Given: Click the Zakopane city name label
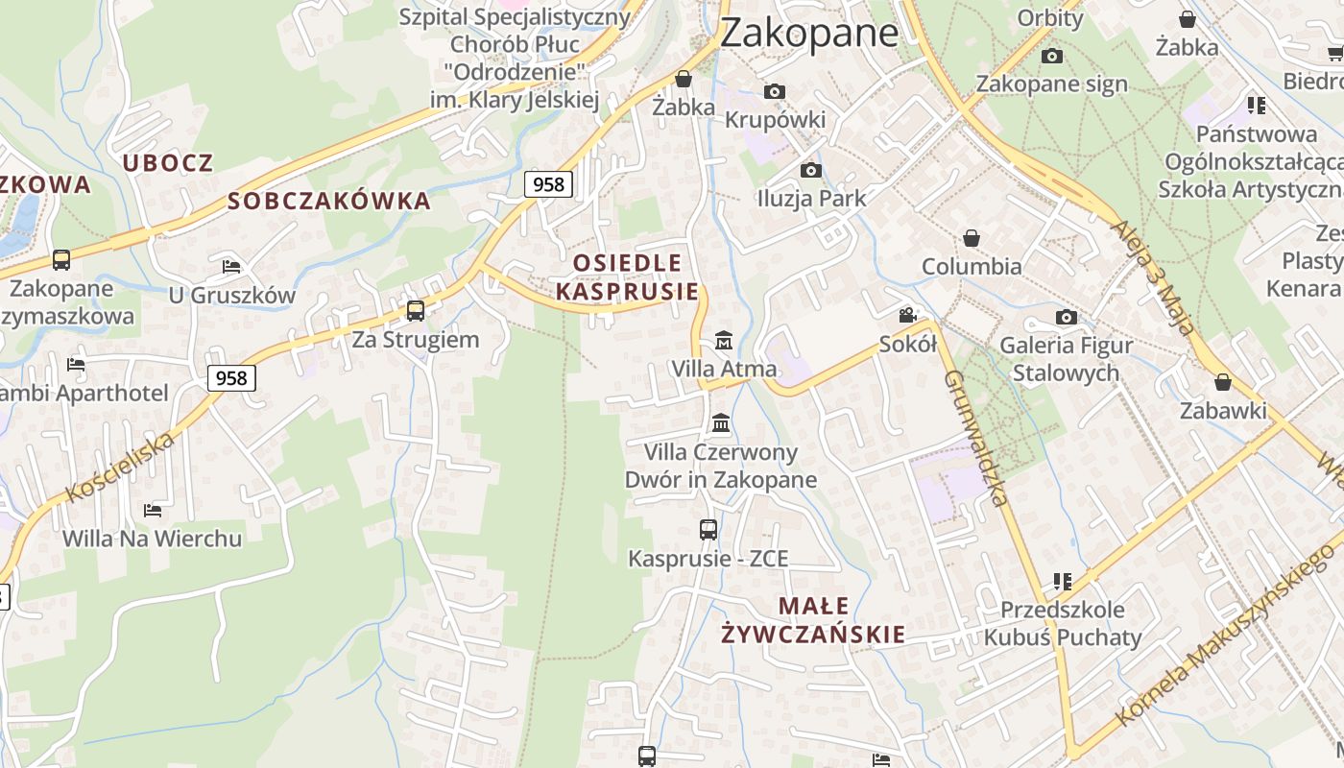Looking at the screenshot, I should coord(808,33).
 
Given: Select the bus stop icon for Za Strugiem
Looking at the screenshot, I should coord(416,311).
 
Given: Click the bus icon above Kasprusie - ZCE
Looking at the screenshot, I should coord(708,529).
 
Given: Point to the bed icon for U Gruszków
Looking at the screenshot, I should coord(231,266).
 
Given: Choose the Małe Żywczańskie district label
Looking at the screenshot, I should coord(813,619).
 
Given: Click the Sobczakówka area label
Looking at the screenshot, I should coord(329,201).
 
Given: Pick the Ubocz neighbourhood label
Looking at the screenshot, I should coord(168,162).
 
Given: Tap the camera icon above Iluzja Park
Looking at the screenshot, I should coord(811,170).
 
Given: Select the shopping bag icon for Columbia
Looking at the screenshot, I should coord(972,237).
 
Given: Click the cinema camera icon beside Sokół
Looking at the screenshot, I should coord(907,315).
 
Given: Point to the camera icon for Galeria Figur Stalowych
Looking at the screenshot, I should coord(1066,317).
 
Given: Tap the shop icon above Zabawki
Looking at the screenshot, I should coord(1223,382).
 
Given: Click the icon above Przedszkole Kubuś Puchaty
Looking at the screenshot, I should coord(1062,581).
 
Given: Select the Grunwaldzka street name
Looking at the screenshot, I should coord(975,438).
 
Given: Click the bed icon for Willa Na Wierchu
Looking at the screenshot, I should coord(152,510).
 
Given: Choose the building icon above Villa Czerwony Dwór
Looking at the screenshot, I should coord(721,423).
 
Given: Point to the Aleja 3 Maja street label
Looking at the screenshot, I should coord(1153,277).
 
